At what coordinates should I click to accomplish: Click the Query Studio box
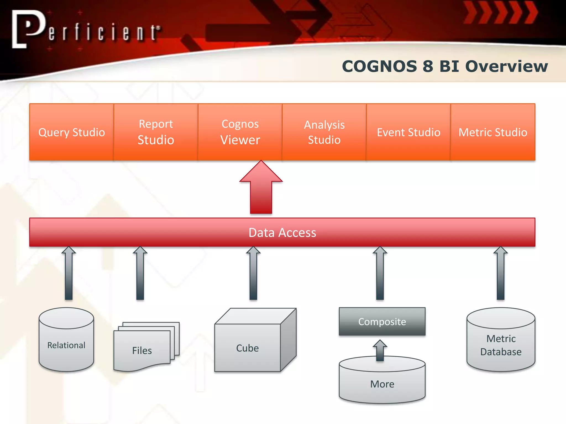[72, 132]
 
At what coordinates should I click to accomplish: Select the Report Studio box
[156, 132]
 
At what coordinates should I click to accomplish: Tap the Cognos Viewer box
[240, 132]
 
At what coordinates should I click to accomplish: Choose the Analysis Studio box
[324, 132]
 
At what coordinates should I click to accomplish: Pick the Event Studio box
[408, 132]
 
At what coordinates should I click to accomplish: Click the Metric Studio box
[493, 132]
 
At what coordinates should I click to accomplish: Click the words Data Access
[282, 233]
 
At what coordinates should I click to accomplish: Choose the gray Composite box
[382, 322]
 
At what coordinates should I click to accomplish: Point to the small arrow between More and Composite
[380, 350]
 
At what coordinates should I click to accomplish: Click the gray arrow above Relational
[69, 273]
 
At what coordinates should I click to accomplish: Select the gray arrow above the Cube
[253, 273]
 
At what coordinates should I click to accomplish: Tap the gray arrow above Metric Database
[501, 273]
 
